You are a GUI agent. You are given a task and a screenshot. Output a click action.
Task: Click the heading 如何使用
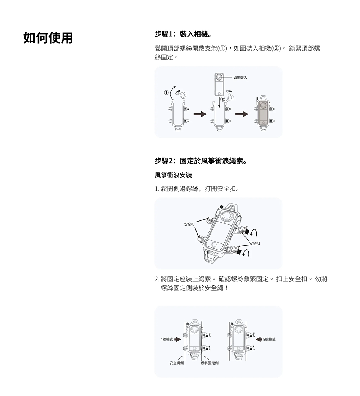48,38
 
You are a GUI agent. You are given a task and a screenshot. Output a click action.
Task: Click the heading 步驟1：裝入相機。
183,34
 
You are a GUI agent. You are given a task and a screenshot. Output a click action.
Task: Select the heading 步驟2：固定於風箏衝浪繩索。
201,161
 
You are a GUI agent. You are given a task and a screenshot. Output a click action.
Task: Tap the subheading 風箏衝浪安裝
173,175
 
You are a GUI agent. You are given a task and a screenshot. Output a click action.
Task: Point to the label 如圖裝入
240,78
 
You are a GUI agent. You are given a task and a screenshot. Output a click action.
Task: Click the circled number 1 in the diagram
166,93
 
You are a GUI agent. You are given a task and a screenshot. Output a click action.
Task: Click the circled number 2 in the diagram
222,99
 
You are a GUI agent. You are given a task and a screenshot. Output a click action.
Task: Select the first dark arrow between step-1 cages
200,114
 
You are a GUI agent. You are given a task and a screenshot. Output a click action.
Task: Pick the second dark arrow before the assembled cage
242,114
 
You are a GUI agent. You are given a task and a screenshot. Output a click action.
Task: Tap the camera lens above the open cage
219,77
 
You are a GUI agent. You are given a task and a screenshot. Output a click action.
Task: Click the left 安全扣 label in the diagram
189,224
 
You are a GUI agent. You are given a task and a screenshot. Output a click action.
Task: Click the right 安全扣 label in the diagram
254,243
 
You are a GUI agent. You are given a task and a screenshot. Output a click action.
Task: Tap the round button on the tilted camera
215,245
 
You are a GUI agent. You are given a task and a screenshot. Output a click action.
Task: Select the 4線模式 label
167,339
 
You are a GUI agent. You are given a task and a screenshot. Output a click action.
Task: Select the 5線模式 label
269,339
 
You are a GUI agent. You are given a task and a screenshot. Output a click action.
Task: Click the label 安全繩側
177,363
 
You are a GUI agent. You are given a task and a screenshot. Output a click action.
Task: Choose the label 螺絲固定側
210,363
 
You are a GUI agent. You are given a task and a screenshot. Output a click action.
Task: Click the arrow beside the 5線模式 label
258,339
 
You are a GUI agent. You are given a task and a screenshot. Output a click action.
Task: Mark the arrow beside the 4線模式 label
178,339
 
